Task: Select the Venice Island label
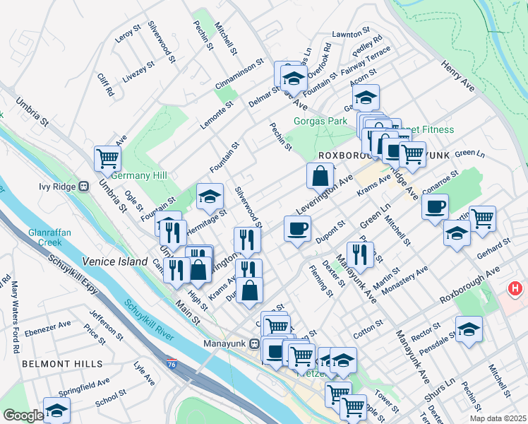[x=115, y=261]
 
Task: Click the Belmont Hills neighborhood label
[x=62, y=364]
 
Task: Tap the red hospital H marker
[x=516, y=289]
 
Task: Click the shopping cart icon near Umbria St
[x=107, y=158]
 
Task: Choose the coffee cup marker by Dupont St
[x=297, y=229]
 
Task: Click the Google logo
[x=23, y=416]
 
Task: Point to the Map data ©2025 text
[x=497, y=418]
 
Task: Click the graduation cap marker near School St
[x=56, y=410]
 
